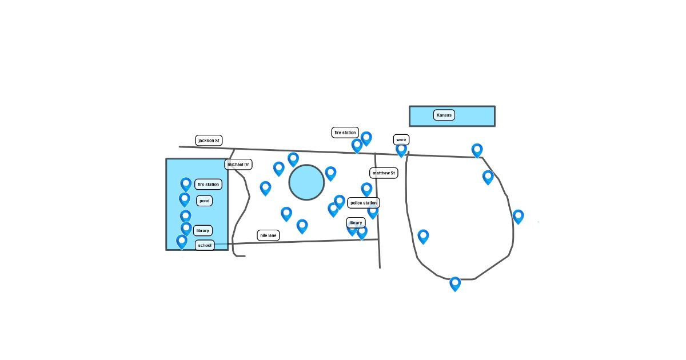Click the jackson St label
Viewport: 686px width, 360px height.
click(209, 140)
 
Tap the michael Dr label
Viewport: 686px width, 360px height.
click(238, 165)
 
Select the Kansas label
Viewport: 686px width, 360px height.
click(444, 115)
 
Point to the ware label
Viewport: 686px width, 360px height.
click(401, 140)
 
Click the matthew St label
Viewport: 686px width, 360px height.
click(384, 173)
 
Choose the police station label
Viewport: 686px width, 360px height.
click(364, 203)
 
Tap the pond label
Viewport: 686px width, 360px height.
click(205, 201)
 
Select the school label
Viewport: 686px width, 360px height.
click(205, 246)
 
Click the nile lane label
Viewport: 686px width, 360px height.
click(268, 235)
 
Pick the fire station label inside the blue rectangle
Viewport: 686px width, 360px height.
click(208, 184)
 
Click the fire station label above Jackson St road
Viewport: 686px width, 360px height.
click(345, 133)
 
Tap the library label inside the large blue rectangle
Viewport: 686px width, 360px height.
click(202, 231)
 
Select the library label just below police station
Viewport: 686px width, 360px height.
click(356, 222)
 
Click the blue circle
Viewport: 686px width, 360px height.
click(306, 182)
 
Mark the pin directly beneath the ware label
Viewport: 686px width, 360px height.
click(401, 150)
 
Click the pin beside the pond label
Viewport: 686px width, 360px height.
click(185, 199)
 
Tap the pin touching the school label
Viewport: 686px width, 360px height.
click(182, 241)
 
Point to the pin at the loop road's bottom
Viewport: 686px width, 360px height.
click(455, 283)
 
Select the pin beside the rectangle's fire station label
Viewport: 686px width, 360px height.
click(186, 184)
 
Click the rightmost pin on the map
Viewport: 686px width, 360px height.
click(518, 216)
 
